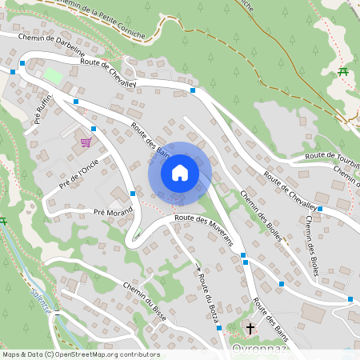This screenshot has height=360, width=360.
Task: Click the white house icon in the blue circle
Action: [x=180, y=173]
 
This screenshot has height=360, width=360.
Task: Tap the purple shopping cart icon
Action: [x=86, y=142]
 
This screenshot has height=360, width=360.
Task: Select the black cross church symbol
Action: [x=250, y=328]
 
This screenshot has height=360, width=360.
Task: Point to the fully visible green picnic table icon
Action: [x=343, y=72]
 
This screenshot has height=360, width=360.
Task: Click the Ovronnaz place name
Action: [x=258, y=350]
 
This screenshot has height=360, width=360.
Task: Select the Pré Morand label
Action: [x=112, y=212]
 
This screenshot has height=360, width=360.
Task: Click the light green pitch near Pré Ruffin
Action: [x=52, y=76]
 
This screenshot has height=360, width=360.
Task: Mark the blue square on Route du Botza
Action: [x=218, y=328]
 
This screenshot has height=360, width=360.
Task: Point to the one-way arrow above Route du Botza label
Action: [x=197, y=267]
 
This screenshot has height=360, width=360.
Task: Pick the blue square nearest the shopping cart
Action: [x=94, y=128]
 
